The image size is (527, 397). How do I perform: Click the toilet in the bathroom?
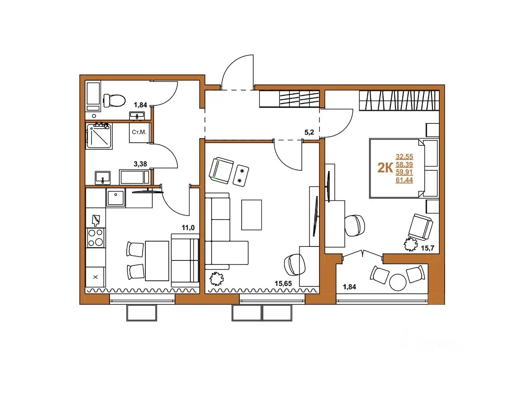coord(114,100)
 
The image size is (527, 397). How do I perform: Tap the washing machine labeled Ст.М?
coord(140,132)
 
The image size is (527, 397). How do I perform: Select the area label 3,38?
coord(140,164)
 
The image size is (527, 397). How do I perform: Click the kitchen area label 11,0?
coord(188,228)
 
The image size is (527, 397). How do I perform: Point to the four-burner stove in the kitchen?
coord(96,238)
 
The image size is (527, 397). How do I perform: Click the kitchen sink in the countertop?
coord(116,198)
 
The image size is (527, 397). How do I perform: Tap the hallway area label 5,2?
coord(309,132)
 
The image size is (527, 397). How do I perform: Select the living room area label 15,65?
coord(283,283)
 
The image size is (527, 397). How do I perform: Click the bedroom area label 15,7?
coord(428,248)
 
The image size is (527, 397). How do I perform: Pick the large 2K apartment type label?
coord(385,168)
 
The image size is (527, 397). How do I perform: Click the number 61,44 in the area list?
coord(404,180)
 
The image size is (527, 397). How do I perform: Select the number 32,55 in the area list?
coord(404,157)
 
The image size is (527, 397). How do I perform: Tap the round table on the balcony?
coord(398,282)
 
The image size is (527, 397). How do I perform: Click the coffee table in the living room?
coord(252,215)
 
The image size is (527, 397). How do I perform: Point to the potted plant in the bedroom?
coord(410,244)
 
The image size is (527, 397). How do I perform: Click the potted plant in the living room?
coord(217,279)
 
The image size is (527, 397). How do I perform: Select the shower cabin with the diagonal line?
coord(99,136)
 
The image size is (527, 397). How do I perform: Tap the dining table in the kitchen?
coord(157,261)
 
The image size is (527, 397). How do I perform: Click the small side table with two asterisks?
coord(241,175)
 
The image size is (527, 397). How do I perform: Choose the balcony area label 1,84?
coord(349,287)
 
